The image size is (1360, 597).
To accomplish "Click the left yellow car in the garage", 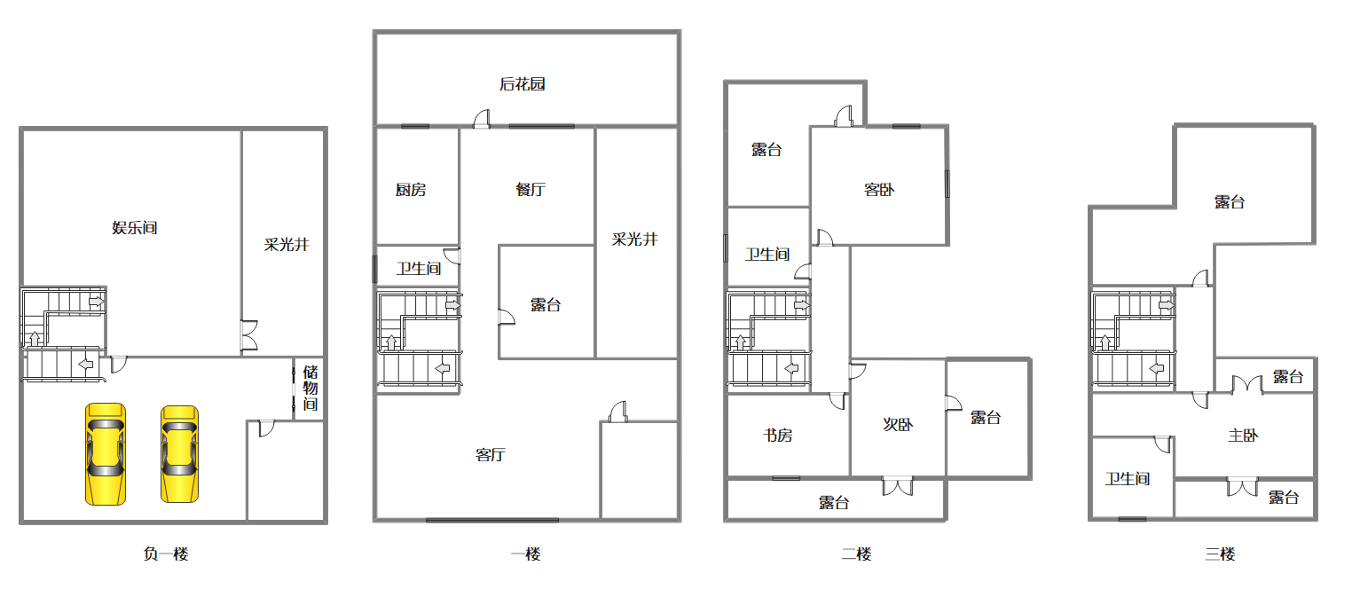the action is click(106, 453).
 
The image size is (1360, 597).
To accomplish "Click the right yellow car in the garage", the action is click(180, 454).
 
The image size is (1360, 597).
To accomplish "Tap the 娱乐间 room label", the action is click(135, 228).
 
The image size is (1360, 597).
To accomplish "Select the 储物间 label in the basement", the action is click(311, 388).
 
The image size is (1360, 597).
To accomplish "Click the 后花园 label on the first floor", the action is click(523, 83).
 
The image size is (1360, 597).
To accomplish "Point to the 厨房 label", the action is click(411, 190).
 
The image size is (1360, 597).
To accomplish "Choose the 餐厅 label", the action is click(531, 190).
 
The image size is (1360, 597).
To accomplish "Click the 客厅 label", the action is click(491, 454).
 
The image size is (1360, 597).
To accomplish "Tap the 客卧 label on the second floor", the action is click(879, 190).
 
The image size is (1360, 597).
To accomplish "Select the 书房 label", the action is click(778, 435).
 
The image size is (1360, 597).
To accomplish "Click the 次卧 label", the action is click(898, 425).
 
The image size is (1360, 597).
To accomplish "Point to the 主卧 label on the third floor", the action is click(1243, 435).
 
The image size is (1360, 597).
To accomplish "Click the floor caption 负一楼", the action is click(166, 554).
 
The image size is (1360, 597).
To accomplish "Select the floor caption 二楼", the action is click(857, 554).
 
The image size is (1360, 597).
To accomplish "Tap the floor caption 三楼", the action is click(1221, 554).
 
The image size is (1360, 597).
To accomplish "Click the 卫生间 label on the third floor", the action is click(1128, 478).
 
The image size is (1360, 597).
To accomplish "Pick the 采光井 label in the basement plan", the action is click(287, 244).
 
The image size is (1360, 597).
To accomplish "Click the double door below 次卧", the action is click(898, 486).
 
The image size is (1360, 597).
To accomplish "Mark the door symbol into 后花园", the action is click(482, 119).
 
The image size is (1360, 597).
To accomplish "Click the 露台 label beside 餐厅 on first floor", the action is click(546, 304).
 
